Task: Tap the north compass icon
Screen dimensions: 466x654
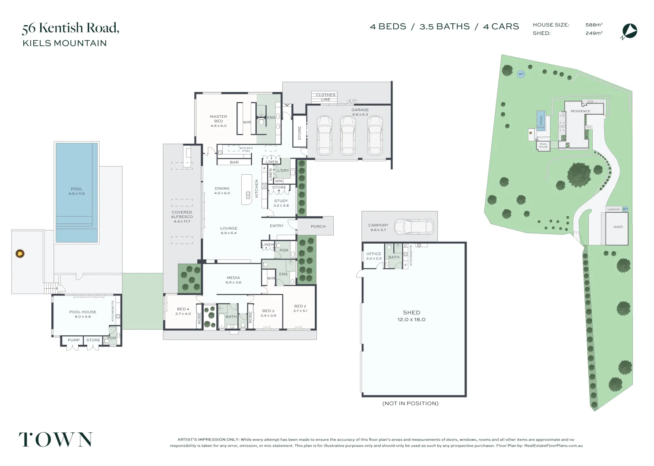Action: pyautogui.click(x=630, y=31)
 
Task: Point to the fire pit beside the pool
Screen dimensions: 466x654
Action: pyautogui.click(x=19, y=254)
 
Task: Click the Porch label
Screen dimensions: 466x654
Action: pyautogui.click(x=318, y=227)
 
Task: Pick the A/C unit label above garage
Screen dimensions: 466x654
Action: pyautogui.click(x=352, y=102)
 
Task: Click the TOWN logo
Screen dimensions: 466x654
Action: pyautogui.click(x=55, y=440)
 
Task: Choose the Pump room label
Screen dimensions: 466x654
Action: pyautogui.click(x=74, y=340)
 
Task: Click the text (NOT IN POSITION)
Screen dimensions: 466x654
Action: pyautogui.click(x=410, y=403)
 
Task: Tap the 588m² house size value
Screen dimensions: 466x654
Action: pyautogui.click(x=594, y=25)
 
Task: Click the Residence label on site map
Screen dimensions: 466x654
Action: pyautogui.click(x=580, y=111)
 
